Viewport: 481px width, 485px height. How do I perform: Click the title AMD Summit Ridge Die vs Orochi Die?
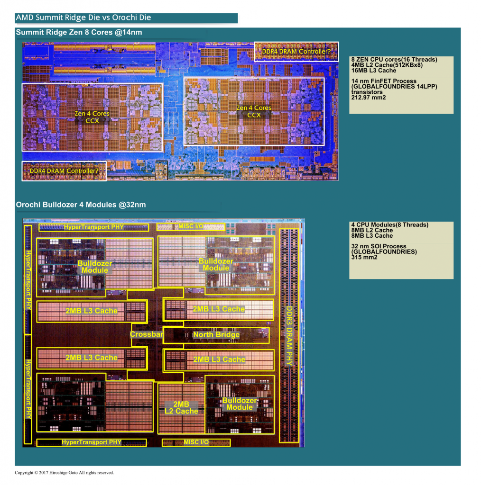click(83, 18)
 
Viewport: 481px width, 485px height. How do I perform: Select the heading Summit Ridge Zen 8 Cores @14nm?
click(79, 32)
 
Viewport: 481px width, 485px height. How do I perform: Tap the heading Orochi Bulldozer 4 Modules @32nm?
click(81, 205)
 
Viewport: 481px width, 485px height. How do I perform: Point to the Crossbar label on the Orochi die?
click(146, 334)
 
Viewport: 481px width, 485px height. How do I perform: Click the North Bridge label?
click(216, 335)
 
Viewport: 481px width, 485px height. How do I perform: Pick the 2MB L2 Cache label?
click(181, 408)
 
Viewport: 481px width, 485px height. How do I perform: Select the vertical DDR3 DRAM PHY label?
click(289, 336)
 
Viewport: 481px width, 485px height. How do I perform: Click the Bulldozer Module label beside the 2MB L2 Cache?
click(240, 404)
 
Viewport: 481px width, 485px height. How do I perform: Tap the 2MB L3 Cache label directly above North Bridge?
click(219, 309)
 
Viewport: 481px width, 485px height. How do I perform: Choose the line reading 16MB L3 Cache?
click(373, 71)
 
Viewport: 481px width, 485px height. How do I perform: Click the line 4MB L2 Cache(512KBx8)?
click(387, 65)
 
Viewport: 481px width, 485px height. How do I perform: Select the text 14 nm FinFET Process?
click(384, 81)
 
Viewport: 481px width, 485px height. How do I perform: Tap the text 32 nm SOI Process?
click(379, 246)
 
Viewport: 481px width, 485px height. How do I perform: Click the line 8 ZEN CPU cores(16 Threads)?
click(394, 59)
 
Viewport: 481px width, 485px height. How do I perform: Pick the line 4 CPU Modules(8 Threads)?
click(390, 225)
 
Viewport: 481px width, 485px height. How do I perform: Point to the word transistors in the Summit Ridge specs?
click(367, 92)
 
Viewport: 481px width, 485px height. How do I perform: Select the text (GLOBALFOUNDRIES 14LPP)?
click(394, 87)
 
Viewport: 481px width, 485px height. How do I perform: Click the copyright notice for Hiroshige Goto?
click(65, 473)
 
